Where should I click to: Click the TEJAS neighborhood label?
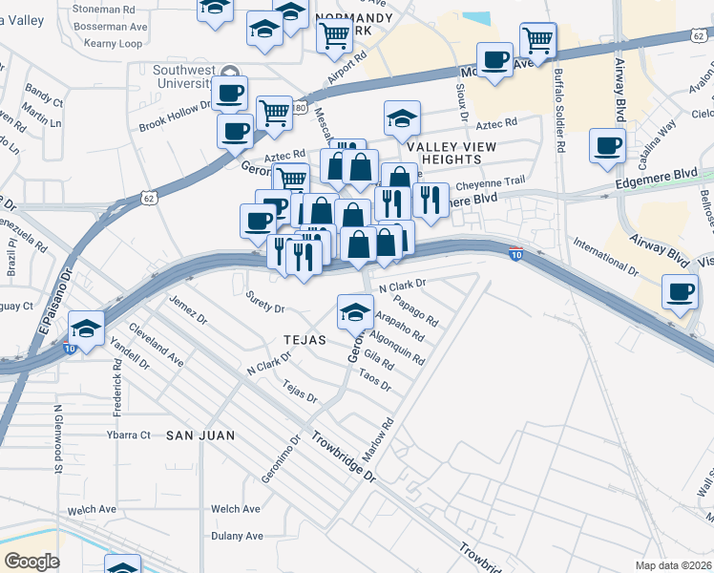click(304, 340)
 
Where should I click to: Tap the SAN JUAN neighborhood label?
click(200, 435)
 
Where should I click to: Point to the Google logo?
click(31, 562)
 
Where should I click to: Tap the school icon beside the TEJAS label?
click(355, 311)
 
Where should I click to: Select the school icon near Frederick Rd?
click(86, 330)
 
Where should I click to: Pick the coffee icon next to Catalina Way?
click(607, 146)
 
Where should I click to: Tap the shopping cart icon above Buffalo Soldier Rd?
click(538, 41)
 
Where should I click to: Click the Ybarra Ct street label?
click(128, 435)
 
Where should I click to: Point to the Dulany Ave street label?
click(236, 536)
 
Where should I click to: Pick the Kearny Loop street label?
click(113, 44)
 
